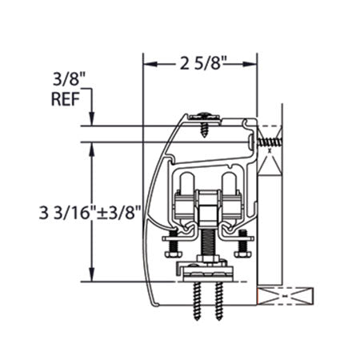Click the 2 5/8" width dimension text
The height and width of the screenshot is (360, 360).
point(203,63)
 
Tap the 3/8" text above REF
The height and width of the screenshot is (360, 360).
point(69,79)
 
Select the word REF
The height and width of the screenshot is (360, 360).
point(66,99)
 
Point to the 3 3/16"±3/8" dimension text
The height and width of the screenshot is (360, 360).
point(90,213)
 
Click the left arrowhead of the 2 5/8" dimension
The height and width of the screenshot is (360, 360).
point(150,64)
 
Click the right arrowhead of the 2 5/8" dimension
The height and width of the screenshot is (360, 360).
point(250,64)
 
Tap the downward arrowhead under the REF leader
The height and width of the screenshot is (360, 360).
point(92,119)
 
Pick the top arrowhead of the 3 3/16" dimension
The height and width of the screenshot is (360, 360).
point(92,150)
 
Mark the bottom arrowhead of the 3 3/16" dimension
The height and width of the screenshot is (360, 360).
point(92,274)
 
